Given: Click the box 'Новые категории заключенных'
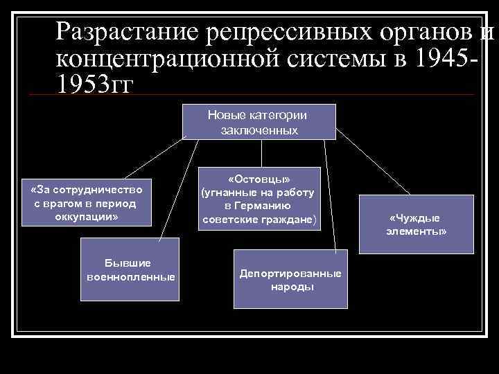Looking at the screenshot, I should pos(259,122).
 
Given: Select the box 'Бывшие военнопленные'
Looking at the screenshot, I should pos(130,270).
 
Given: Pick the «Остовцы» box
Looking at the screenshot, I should pos(259,198).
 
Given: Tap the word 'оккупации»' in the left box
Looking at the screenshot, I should pos(87,217).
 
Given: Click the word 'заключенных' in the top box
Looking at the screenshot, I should pos(259,130).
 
